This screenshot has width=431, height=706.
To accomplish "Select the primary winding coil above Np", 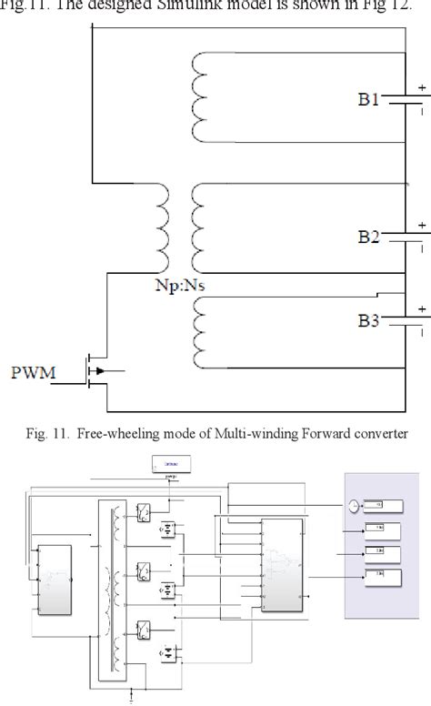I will pos(165,229).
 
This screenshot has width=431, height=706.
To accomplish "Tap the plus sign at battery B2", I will pos(422,224).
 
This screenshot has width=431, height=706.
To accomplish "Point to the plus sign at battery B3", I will pos(422,308).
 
